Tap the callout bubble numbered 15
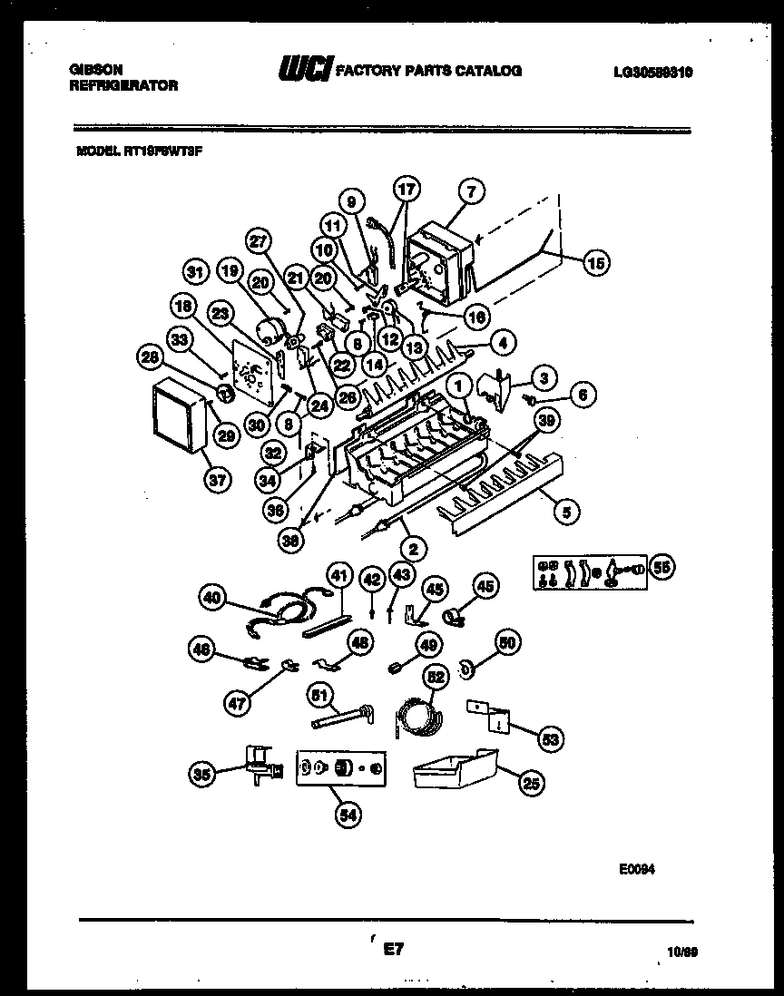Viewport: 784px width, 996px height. (595, 264)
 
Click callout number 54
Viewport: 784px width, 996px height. (348, 815)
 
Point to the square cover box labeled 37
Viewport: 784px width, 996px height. (175, 417)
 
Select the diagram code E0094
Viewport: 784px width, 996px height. (633, 868)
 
